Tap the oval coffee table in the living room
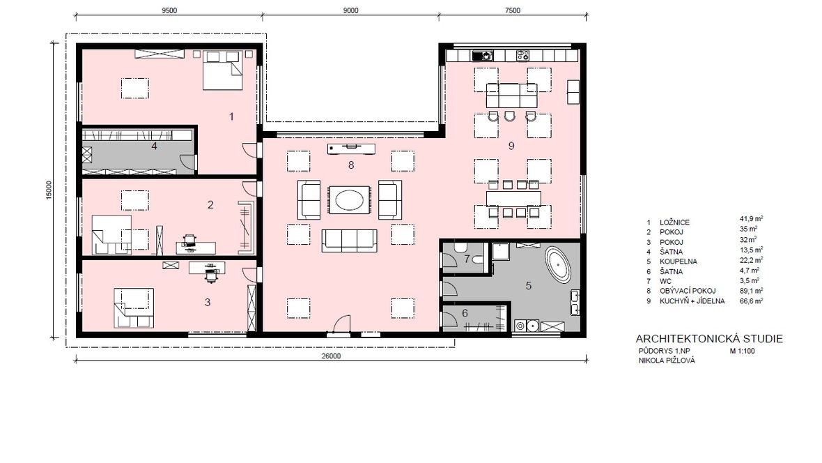349,200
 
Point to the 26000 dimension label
331,356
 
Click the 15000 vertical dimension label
49,190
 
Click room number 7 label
467,259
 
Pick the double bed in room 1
223,70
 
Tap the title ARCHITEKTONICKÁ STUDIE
708,339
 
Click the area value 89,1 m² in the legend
751,290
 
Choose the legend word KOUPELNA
678,261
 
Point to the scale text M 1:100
743,351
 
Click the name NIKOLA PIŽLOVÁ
666,360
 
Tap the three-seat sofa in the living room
349,241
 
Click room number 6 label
465,313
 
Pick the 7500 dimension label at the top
512,10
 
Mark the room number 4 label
154,146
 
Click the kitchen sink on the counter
482,55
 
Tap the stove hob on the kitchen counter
522,55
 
